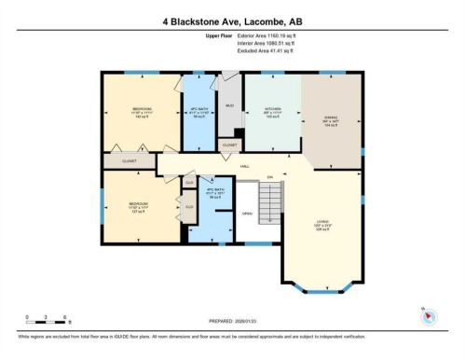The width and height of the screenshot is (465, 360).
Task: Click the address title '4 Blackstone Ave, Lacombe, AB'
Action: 232,20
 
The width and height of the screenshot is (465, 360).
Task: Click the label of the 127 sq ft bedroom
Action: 137,207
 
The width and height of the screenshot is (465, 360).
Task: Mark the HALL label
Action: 244,166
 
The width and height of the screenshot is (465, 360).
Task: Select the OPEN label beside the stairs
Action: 246,213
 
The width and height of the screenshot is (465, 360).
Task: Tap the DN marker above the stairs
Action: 269,176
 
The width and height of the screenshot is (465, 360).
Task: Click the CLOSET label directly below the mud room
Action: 228,145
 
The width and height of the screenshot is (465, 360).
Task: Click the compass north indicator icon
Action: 428,316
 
